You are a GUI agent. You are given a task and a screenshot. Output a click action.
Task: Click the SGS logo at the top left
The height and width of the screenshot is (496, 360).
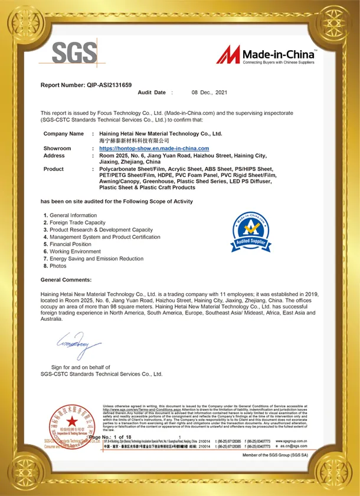pos(74,54)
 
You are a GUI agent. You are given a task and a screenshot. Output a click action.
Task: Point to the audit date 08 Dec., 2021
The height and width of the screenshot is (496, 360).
pos(210,93)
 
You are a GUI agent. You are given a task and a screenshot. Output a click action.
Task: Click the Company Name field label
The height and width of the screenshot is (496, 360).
pos(64,134)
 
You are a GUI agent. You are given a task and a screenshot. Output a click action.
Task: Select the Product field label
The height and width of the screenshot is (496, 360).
pos(54,169)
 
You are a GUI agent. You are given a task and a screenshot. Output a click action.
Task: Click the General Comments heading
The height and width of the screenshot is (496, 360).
pos(66,280)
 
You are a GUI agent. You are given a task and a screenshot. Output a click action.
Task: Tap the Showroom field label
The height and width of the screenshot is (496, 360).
pos(57,149)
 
